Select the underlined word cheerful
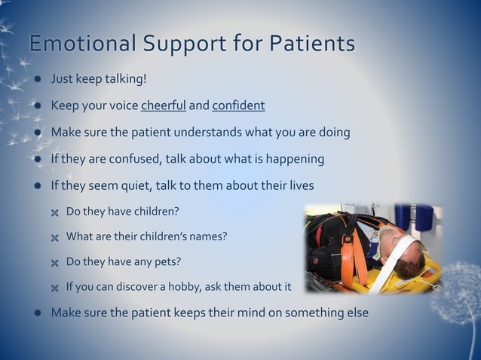click(163, 105)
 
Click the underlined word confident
click(238, 105)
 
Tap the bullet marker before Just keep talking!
click(36, 79)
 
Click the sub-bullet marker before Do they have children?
click(54, 212)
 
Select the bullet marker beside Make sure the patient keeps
click(36, 313)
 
